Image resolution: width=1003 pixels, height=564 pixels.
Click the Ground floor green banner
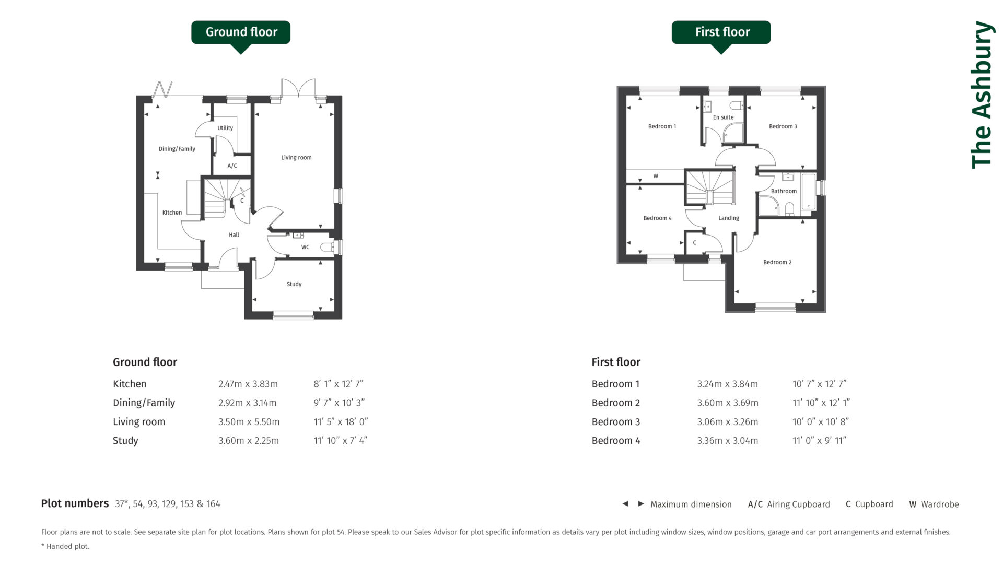pyautogui.click(x=241, y=32)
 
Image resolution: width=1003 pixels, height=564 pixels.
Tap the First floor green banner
pyautogui.click(x=721, y=32)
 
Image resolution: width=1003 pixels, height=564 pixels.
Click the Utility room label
pyautogui.click(x=225, y=128)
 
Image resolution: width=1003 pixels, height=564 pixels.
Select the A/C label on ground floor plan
pyautogui.click(x=232, y=166)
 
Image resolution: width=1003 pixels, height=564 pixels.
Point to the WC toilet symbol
pyautogui.click(x=328, y=247)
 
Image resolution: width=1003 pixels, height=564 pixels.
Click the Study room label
pyautogui.click(x=294, y=284)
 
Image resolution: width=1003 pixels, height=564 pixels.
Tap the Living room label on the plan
pyautogui.click(x=296, y=157)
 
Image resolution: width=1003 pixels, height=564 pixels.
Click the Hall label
pyautogui.click(x=234, y=235)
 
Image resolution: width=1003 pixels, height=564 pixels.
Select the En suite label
pyautogui.click(x=723, y=118)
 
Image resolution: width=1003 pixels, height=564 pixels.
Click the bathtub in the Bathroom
pyautogui.click(x=808, y=192)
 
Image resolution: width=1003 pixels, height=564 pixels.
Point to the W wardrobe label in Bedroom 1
pyautogui.click(x=656, y=177)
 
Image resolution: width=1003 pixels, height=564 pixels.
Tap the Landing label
pyautogui.click(x=728, y=218)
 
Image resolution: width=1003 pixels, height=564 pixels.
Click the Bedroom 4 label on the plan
pyautogui.click(x=657, y=218)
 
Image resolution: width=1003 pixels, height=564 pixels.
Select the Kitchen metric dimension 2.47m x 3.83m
pyautogui.click(x=248, y=384)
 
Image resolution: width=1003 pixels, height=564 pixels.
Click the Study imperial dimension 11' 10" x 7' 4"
pyautogui.click(x=340, y=440)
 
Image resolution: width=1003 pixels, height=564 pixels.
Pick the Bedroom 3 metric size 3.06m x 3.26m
pyautogui.click(x=727, y=421)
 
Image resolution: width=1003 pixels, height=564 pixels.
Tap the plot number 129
pyautogui.click(x=169, y=504)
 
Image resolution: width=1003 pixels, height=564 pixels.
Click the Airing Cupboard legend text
pyautogui.click(x=798, y=504)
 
